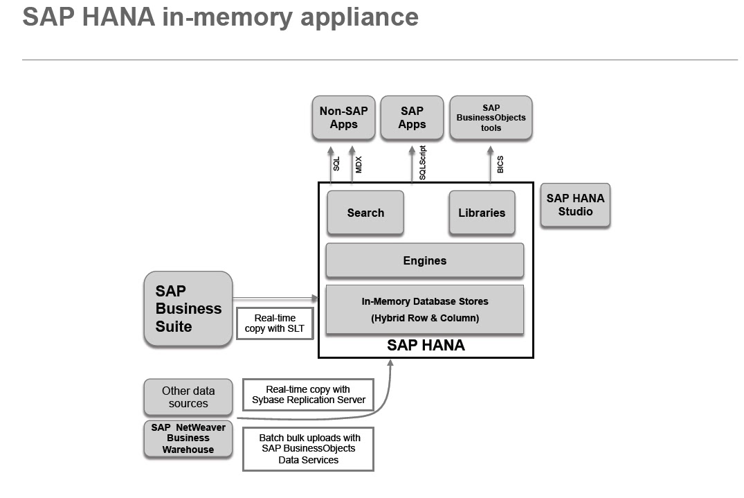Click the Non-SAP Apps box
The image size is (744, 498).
[x=343, y=118]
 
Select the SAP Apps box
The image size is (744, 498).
[x=412, y=118]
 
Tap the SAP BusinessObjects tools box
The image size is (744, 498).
[x=491, y=118]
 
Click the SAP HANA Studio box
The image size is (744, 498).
[x=575, y=205]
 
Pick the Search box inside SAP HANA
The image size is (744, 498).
[x=365, y=213]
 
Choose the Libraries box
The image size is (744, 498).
[x=482, y=213]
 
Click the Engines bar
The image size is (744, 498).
[x=424, y=260]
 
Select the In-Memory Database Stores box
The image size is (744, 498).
[x=424, y=310]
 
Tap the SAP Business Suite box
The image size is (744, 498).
[x=188, y=309]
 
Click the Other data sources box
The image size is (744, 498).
[x=188, y=397]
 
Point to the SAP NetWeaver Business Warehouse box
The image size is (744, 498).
[x=188, y=438]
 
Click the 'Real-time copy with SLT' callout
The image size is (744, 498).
[x=275, y=323]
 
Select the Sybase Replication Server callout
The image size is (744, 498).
[x=308, y=395]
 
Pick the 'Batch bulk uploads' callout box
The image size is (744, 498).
[x=308, y=449]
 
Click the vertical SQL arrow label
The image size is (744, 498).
[x=337, y=164]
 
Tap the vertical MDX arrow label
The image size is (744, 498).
[x=359, y=164]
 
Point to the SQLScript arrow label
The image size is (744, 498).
[x=423, y=163]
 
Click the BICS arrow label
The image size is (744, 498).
[x=500, y=164]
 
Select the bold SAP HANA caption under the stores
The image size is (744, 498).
[x=426, y=345]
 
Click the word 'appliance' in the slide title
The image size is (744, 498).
[x=359, y=17]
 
